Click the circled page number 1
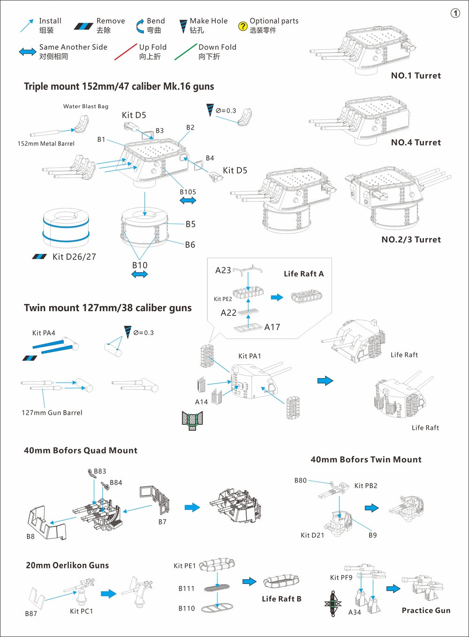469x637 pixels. (x=455, y=13)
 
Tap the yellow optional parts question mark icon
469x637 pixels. (x=242, y=26)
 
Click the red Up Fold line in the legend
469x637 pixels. (x=125, y=52)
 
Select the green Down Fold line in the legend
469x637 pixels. (x=185, y=52)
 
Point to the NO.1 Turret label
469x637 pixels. (x=416, y=76)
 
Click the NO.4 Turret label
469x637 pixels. (x=416, y=142)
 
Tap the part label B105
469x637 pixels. (x=188, y=192)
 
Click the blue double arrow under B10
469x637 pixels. (x=140, y=275)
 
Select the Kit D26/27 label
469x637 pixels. (x=74, y=257)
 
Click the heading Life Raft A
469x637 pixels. (x=303, y=274)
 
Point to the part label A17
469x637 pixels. (x=272, y=327)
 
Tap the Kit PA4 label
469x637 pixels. (x=44, y=333)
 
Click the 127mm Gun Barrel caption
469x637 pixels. (x=52, y=413)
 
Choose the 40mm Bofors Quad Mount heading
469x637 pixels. (x=81, y=450)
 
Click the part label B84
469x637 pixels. (x=116, y=483)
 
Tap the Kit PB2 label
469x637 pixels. (x=366, y=485)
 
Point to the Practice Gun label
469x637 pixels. (x=426, y=610)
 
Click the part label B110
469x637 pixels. (x=186, y=608)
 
